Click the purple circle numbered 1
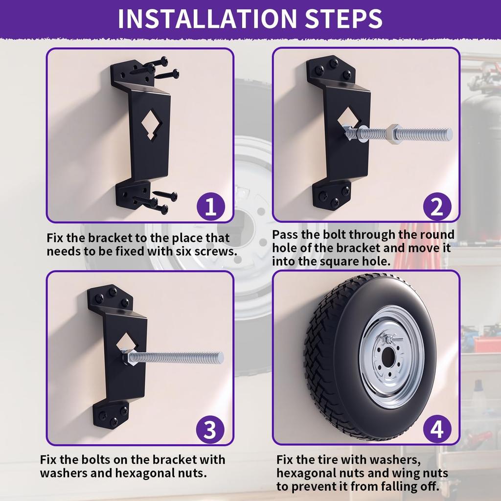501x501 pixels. click(x=210, y=207)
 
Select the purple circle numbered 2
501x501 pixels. click(x=436, y=207)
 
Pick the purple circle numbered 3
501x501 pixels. click(x=210, y=431)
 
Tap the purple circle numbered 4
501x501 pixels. click(x=436, y=431)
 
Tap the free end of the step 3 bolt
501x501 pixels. click(x=219, y=358)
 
